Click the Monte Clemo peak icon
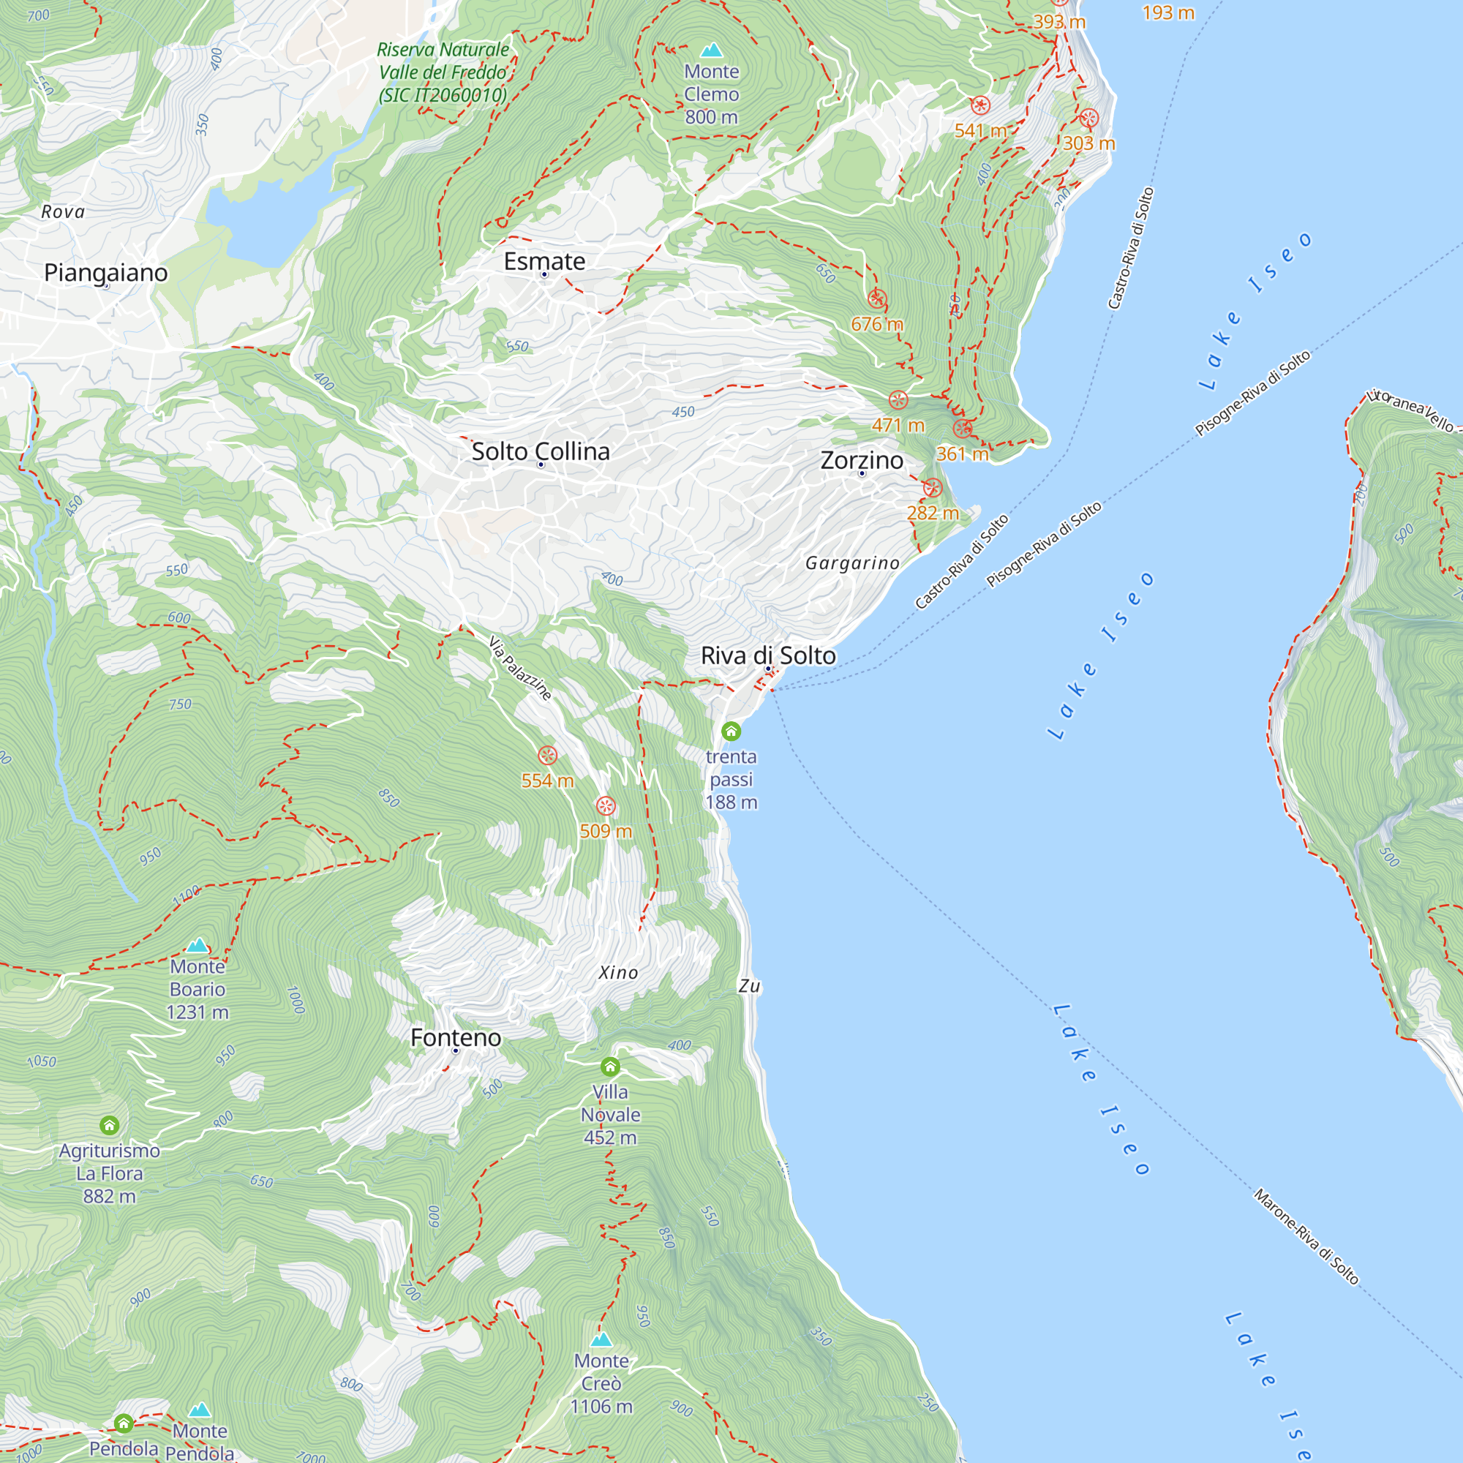point(710,50)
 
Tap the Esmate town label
point(544,261)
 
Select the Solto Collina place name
point(540,451)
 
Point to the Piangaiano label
point(105,273)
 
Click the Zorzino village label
point(861,460)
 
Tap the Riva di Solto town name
point(768,655)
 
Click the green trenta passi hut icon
point(730,731)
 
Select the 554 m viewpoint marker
point(546,755)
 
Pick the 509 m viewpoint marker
point(605,805)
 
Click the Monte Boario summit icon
point(197,945)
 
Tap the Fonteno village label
point(455,1037)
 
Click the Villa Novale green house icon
point(609,1067)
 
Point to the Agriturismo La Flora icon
point(109,1125)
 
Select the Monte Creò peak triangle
point(601,1339)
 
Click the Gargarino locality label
point(852,563)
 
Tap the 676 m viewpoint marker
point(876,299)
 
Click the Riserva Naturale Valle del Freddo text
point(443,72)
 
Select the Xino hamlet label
point(618,972)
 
